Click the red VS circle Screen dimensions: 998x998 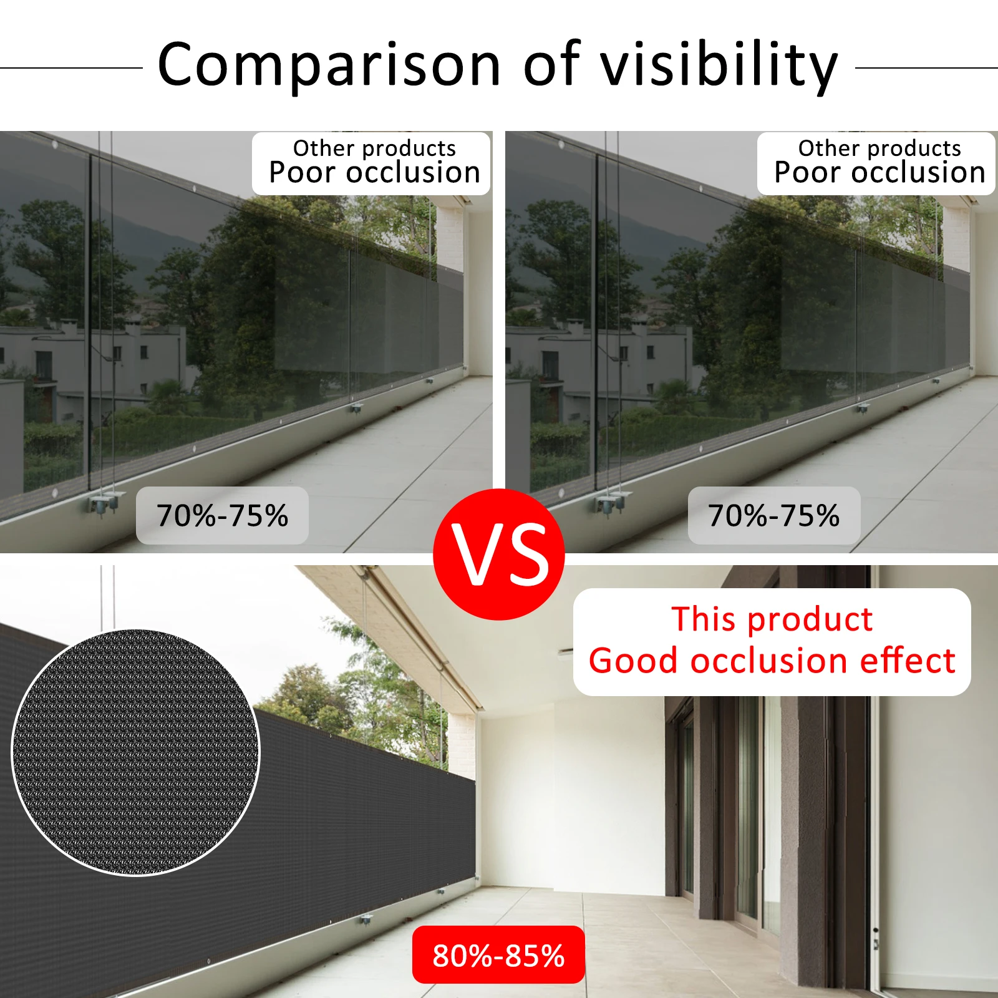pos(499,554)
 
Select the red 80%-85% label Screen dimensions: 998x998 pos(498,955)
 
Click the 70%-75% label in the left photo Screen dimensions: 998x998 pos(222,516)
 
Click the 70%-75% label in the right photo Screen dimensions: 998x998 pos(773,516)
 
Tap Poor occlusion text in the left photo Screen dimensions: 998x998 pos(374,173)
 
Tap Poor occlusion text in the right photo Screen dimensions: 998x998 pos(879,173)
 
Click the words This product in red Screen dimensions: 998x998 pos(772,619)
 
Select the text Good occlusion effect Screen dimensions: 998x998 pos(772,661)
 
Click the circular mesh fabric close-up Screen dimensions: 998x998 pos(135,752)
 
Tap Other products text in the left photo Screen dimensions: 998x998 pos(374,148)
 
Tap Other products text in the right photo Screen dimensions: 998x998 pos(879,148)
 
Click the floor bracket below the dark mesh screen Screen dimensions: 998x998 pos(366,919)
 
